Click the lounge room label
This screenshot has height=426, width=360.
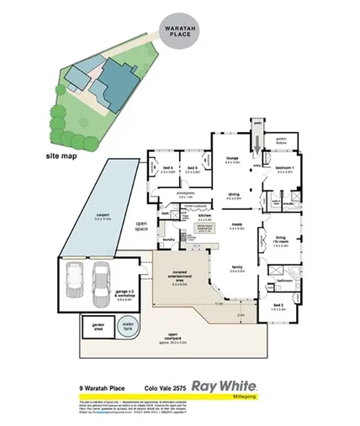(232, 160)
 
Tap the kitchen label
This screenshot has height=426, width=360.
(204, 217)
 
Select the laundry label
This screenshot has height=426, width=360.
(169, 239)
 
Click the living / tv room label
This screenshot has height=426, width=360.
(282, 243)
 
